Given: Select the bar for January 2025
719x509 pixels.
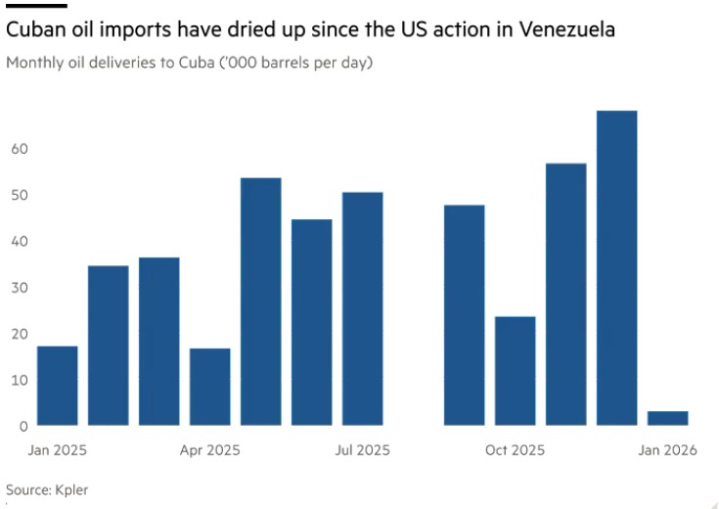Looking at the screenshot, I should (x=57, y=386).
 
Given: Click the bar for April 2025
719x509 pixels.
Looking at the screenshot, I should (x=210, y=387).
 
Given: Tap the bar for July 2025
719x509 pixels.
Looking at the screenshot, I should (x=363, y=308).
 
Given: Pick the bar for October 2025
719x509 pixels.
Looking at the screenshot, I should (x=516, y=371).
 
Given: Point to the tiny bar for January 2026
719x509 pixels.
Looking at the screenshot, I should (x=668, y=418).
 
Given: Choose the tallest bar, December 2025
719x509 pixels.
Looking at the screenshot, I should (x=617, y=268).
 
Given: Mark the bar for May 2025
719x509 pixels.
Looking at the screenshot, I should (x=261, y=301).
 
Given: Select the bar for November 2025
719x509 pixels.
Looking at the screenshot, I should (x=566, y=294).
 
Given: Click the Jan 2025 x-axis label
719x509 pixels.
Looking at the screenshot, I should (x=57, y=450).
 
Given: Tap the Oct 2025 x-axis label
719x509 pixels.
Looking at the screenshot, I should (x=516, y=450).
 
